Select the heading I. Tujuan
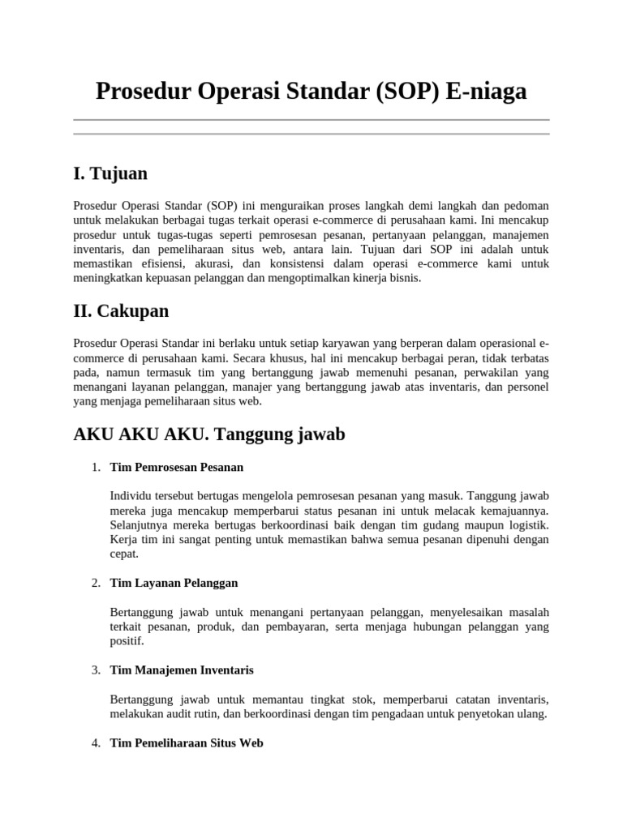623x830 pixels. click(110, 173)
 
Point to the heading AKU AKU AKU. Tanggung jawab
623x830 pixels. click(209, 434)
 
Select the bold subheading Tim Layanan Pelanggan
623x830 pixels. click(174, 583)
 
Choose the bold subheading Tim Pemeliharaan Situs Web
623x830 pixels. click(186, 742)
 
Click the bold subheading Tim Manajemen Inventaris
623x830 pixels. click(181, 670)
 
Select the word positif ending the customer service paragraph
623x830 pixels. click(127, 641)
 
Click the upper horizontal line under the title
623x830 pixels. click(311, 120)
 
